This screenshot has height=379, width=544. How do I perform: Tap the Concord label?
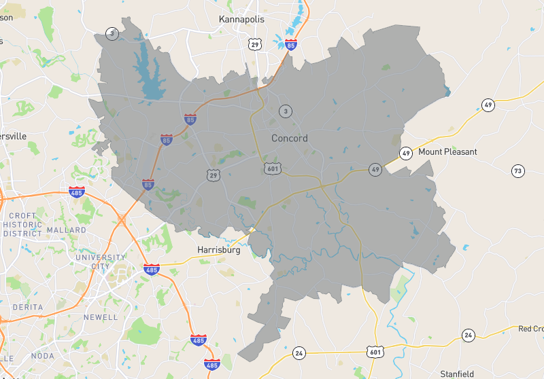pyautogui.click(x=290, y=138)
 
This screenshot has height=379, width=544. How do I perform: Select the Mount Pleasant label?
pyautogui.click(x=447, y=151)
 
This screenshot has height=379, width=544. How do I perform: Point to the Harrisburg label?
pyautogui.click(x=220, y=250)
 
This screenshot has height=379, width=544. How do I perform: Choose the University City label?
pyautogui.click(x=101, y=262)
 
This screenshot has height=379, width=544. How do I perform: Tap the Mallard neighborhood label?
pyautogui.click(x=67, y=230)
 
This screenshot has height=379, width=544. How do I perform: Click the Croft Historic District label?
pyautogui.click(x=22, y=224)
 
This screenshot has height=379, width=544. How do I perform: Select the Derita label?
pyautogui.click(x=27, y=308)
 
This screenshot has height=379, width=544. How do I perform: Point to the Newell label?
pyautogui.click(x=96, y=317)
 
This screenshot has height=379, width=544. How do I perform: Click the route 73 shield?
pyautogui.click(x=518, y=170)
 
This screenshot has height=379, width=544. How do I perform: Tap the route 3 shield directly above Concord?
pyautogui.click(x=286, y=111)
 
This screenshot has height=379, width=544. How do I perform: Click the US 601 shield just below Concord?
pyautogui.click(x=272, y=168)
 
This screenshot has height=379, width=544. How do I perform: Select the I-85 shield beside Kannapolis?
pyautogui.click(x=291, y=45)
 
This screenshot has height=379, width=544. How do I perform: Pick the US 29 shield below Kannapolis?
pyautogui.click(x=254, y=44)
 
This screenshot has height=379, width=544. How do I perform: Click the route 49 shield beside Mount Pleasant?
pyautogui.click(x=406, y=153)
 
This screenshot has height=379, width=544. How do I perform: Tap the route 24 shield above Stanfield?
pyautogui.click(x=468, y=335)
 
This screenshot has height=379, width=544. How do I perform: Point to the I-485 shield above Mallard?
pyautogui.click(x=76, y=192)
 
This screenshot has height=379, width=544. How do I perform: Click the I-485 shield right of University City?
pyautogui.click(x=152, y=270)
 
